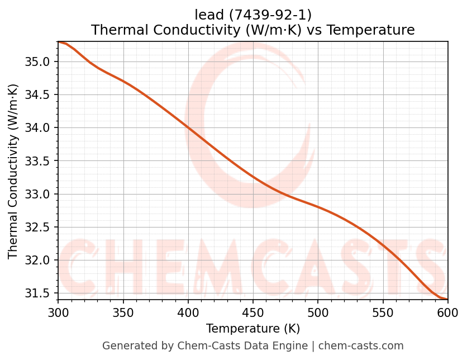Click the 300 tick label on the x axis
58,312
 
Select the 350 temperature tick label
123,312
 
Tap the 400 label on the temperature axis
188,312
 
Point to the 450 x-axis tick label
253,312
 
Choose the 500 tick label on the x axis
318,312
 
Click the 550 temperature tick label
383,312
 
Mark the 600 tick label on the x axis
447,312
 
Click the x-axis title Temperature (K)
253,328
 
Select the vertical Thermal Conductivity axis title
13,171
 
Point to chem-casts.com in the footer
361,346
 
